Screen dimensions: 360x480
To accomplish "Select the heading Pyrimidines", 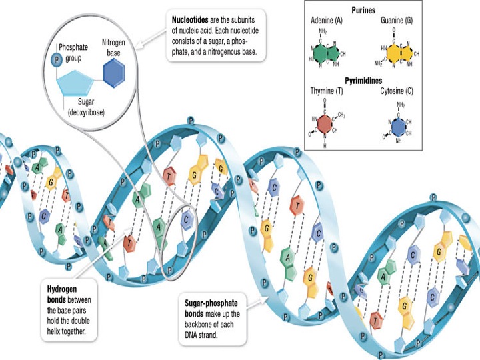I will click(x=364, y=79).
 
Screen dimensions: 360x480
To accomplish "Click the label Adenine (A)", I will click(x=327, y=21).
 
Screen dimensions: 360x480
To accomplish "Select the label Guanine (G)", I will click(x=397, y=21).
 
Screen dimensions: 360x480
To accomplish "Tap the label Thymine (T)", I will click(x=327, y=90).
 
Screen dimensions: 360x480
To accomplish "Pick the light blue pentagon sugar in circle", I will click(x=83, y=84).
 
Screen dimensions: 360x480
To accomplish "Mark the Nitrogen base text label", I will click(x=113, y=46).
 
